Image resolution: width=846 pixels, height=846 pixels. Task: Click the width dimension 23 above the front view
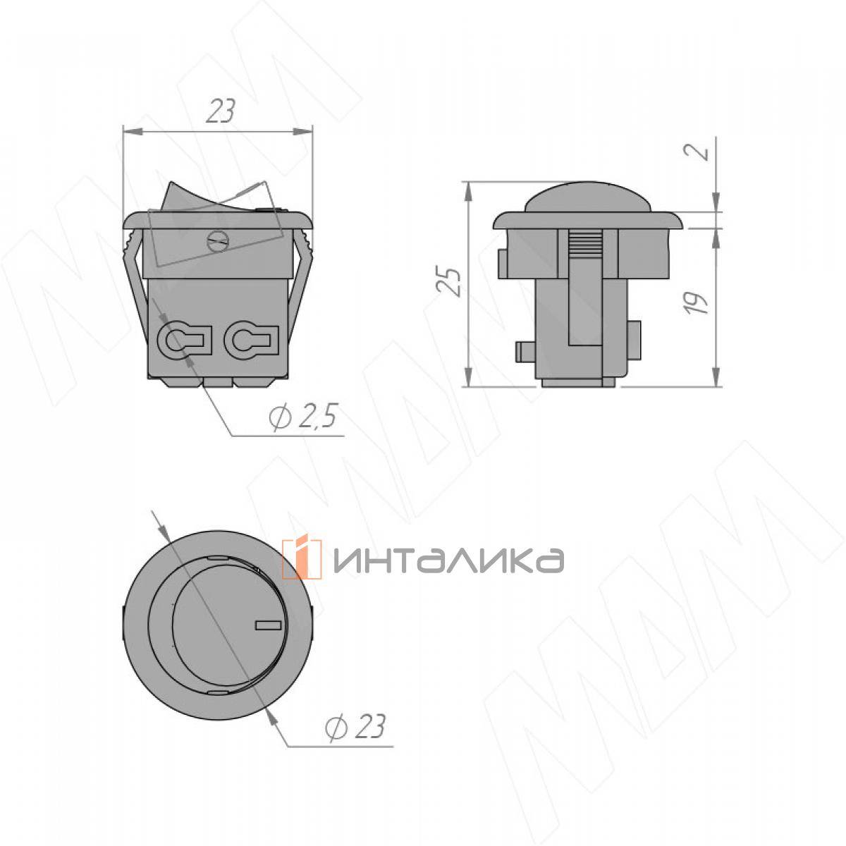[221, 111]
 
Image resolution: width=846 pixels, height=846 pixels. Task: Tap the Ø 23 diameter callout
[355, 727]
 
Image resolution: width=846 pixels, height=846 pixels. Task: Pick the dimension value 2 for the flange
[697, 150]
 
